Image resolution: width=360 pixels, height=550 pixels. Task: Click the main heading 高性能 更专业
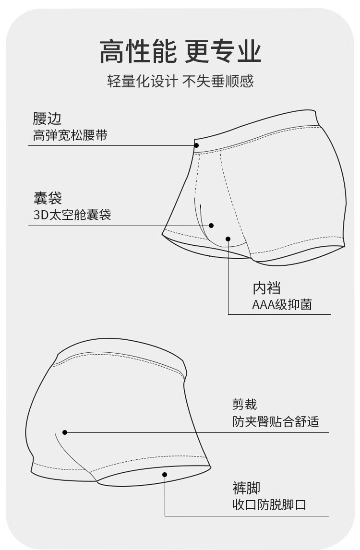coord(180,51)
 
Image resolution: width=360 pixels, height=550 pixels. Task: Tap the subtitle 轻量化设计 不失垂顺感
coord(180,81)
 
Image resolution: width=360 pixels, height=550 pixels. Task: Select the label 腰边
coord(47,118)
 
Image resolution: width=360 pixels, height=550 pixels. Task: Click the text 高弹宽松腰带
coord(70,135)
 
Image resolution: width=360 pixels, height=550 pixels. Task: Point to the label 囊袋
coord(48,198)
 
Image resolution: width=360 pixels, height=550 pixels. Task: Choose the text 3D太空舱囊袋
coord(72,215)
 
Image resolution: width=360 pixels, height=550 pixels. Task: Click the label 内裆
coord(267,288)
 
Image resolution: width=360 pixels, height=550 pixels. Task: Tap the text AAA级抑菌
coord(282,304)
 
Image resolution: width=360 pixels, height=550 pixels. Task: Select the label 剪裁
coord(245,404)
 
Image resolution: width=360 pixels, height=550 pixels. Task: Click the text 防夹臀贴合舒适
coord(276,421)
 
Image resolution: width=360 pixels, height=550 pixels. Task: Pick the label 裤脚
coord(246,488)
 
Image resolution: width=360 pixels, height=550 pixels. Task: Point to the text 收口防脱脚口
coord(269,505)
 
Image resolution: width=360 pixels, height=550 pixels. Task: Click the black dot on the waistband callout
coord(196,145)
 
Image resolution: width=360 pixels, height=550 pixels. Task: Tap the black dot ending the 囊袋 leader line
coord(211,226)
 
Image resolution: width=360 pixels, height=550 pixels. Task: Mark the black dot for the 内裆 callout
coord(228,239)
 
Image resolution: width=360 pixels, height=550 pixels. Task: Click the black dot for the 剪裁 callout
coord(65,432)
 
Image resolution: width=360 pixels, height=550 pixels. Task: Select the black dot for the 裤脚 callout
coord(165,475)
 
